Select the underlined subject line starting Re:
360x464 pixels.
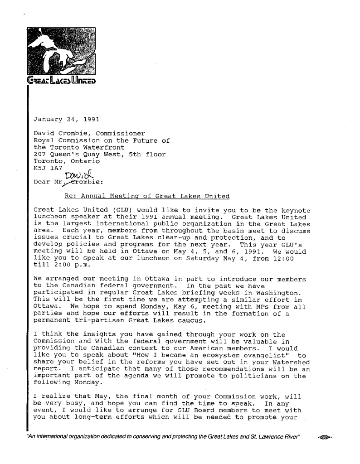[147, 196]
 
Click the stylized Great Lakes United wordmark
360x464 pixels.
[61, 82]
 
